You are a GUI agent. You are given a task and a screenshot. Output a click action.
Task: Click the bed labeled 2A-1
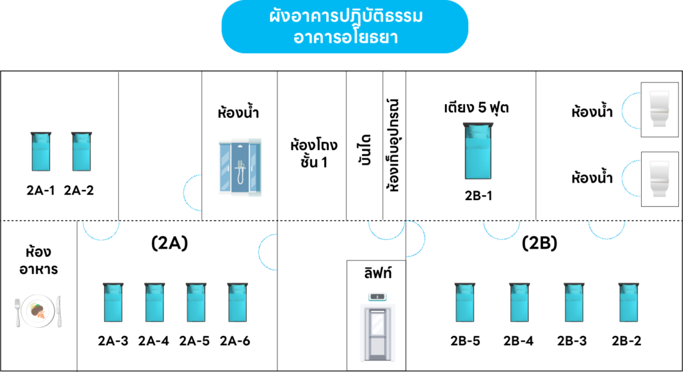(x=41, y=151)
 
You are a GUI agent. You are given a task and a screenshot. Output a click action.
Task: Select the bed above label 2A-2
(x=81, y=151)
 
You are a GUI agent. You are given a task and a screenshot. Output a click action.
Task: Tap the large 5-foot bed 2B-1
(x=478, y=151)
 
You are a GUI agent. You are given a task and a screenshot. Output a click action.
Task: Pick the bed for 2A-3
(x=113, y=302)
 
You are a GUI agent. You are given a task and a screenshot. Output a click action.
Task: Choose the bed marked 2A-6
(x=237, y=302)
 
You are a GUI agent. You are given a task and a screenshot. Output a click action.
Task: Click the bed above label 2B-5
(x=465, y=302)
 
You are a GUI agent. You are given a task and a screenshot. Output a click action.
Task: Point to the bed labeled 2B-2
(x=628, y=302)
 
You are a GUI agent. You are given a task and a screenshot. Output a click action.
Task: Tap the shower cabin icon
(x=240, y=167)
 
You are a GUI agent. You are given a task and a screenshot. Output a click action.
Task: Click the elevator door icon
(x=378, y=327)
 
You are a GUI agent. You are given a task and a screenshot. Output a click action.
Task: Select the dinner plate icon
(x=38, y=311)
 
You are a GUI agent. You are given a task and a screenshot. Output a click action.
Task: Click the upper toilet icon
(x=660, y=109)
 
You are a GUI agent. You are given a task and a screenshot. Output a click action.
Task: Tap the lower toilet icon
(x=660, y=179)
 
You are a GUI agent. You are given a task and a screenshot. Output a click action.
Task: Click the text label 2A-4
(x=153, y=341)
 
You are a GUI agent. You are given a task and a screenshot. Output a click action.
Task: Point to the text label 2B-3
(x=572, y=341)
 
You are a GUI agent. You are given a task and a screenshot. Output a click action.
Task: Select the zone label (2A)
(x=169, y=243)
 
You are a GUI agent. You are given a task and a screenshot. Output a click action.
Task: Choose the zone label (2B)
(x=539, y=243)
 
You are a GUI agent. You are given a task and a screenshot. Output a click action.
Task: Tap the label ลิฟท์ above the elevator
(x=378, y=273)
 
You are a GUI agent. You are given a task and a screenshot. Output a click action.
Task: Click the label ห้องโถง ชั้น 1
(x=313, y=153)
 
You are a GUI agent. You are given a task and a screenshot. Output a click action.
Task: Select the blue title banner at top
(x=345, y=27)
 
